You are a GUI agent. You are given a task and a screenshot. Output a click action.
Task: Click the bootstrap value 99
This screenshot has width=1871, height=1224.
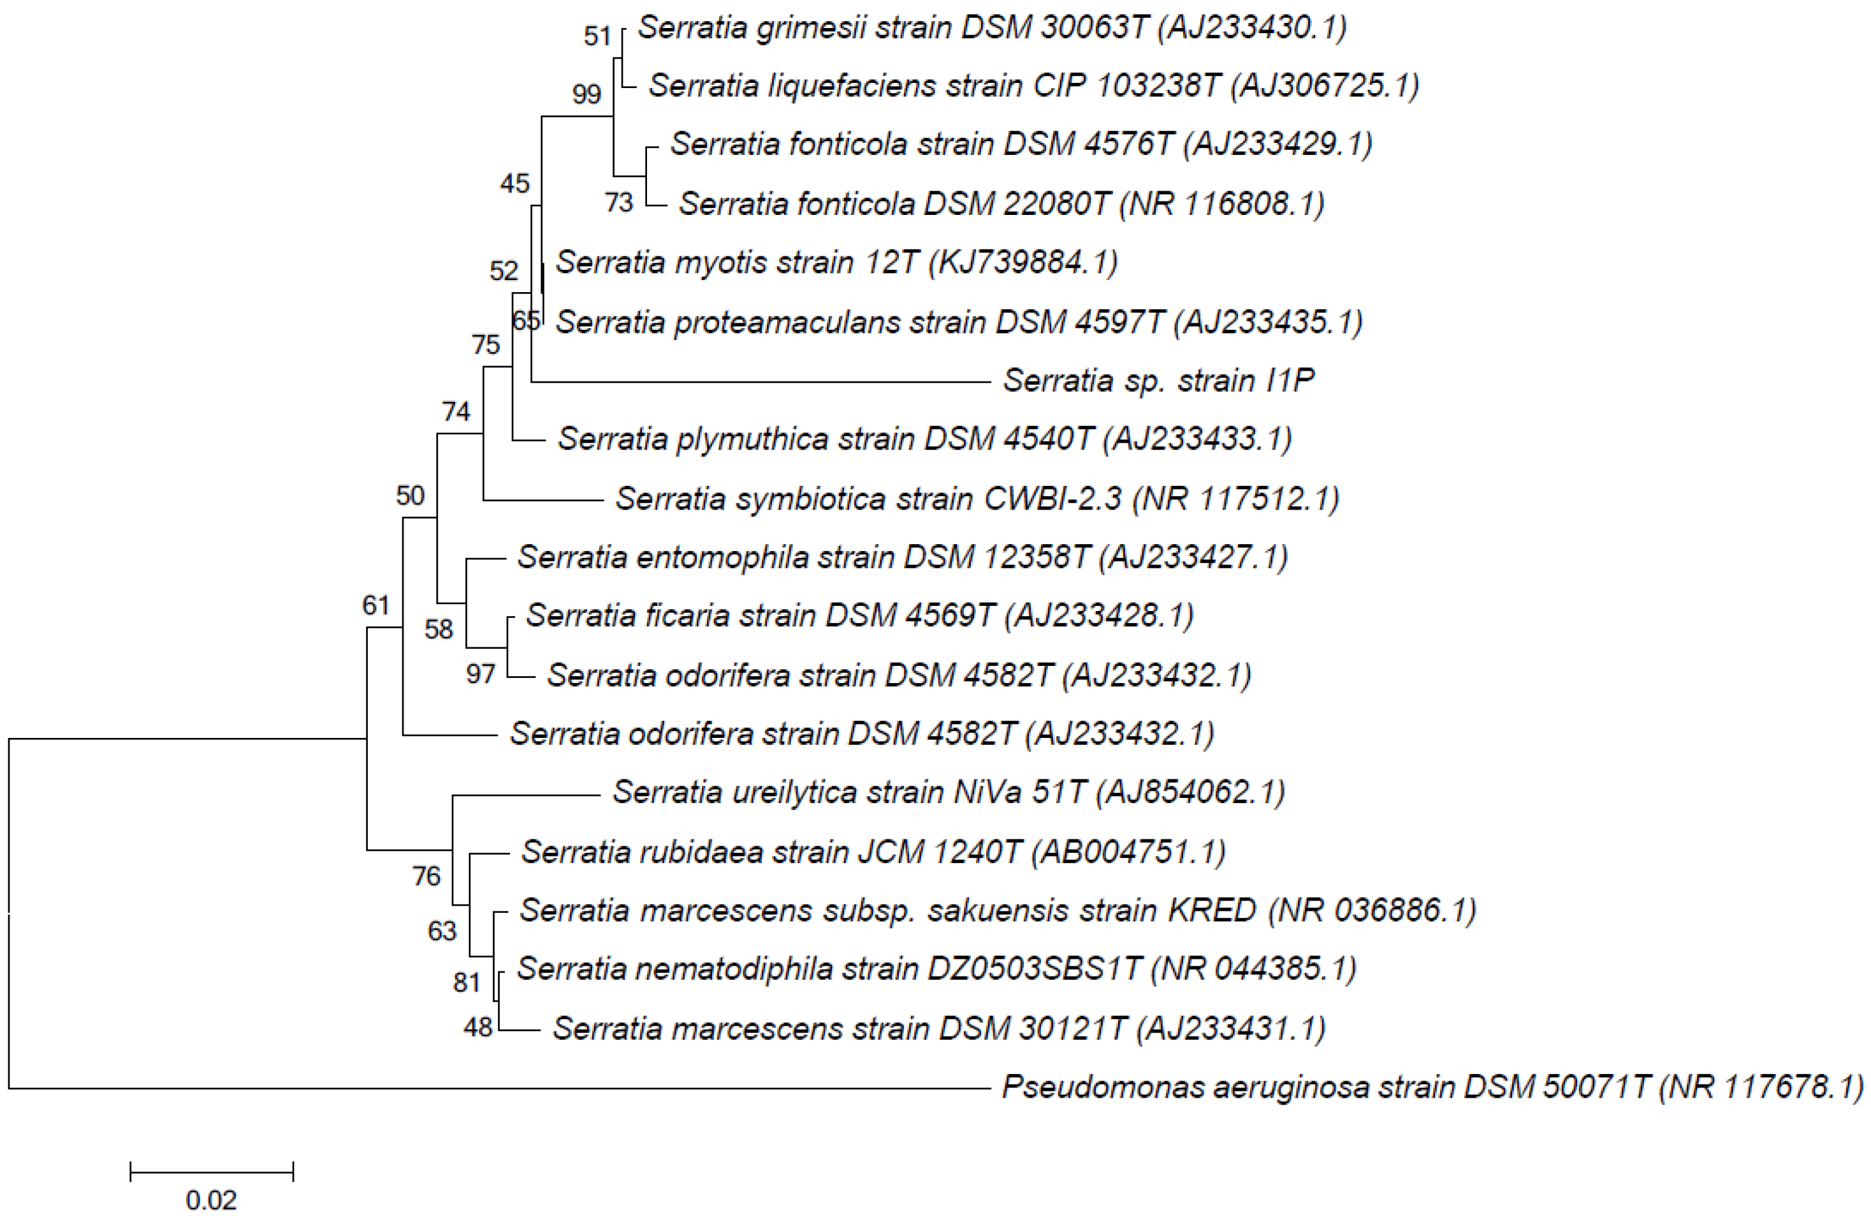586,94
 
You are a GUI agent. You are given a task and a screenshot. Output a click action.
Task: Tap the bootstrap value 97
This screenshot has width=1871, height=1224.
480,674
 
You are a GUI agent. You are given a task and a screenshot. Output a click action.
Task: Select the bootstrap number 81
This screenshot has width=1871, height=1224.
466,982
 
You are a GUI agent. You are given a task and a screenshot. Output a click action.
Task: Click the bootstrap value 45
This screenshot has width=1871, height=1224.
515,184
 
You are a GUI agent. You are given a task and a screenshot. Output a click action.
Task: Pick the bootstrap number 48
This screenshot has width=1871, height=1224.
477,1028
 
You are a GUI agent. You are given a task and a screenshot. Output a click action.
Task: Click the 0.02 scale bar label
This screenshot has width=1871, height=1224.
210,1200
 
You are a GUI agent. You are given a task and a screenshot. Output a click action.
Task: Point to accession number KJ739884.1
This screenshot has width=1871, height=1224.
1023,262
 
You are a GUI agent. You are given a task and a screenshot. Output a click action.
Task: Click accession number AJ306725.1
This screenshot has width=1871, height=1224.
1325,85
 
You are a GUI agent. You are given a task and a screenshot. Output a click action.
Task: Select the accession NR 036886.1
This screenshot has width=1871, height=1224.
1372,910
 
